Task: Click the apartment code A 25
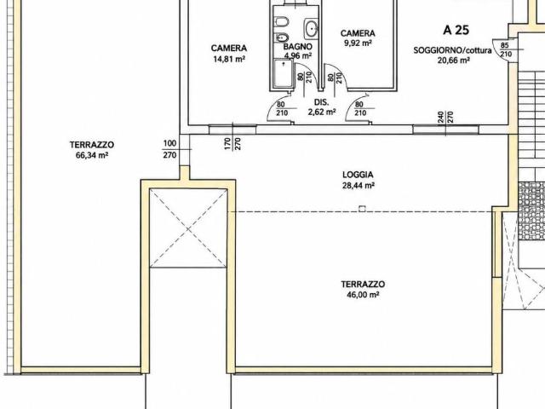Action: [456, 30]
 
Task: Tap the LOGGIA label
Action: [358, 175]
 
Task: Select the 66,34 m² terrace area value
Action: [92, 155]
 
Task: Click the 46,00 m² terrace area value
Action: [363, 295]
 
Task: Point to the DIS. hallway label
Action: [322, 102]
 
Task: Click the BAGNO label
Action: [297, 47]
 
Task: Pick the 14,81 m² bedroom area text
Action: [229, 59]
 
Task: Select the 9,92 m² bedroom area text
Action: [358, 43]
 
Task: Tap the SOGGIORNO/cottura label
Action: [452, 50]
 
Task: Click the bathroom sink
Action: [311, 28]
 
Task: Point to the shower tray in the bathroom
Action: [283, 73]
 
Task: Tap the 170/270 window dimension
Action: [232, 144]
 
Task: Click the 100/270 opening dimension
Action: [169, 149]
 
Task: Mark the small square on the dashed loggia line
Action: [362, 209]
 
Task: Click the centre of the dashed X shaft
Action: [188, 229]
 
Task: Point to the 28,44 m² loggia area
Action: [359, 186]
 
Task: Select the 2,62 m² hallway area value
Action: [322, 112]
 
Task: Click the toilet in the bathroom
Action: [281, 22]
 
